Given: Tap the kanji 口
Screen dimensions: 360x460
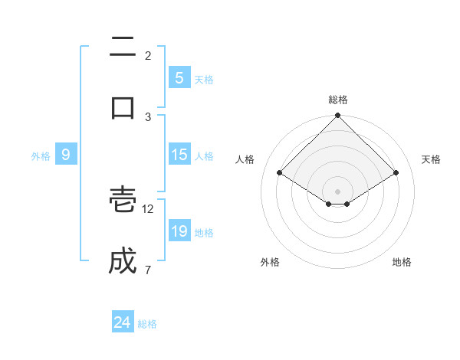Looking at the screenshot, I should pos(123,107).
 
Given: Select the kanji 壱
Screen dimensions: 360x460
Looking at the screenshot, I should pos(123,201).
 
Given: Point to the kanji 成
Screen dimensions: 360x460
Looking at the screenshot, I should pos(123,260).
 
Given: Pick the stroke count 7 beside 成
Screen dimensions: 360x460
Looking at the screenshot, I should pos(147,270).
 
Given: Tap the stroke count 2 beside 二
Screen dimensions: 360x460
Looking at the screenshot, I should pos(148,56).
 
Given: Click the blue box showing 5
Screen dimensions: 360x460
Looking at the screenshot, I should pos(179,78).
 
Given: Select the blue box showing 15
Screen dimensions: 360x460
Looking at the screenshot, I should pos(179,155).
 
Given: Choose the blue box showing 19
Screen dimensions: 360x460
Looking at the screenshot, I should pos(179,231).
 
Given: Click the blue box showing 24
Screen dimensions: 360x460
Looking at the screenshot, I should pos(122,323).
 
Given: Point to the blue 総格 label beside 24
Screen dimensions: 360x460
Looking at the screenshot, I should pos(147,324).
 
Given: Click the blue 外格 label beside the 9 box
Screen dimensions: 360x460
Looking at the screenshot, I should pos(41,156).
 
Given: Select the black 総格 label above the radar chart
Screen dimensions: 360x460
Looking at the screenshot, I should pos(338,100).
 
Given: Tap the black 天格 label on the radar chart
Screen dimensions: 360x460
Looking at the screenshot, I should pos(431,159).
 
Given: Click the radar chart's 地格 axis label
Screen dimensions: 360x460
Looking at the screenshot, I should pos(402,262).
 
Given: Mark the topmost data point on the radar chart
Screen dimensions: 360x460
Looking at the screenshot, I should pos(337,116).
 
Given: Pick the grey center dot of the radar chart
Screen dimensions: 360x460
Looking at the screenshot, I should pos(337,191).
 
